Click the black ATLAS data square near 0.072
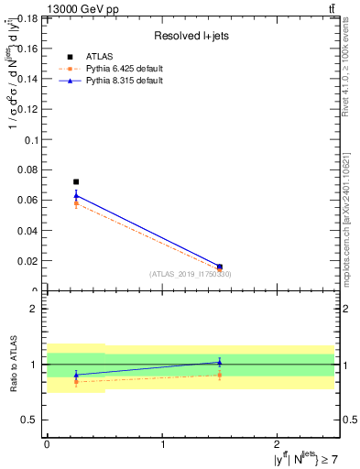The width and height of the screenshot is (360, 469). coord(76,182)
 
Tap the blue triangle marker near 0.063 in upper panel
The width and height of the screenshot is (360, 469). coord(76,195)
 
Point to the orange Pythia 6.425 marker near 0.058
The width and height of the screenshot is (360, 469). coord(76,202)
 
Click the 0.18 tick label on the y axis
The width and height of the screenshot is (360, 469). coord(27,19)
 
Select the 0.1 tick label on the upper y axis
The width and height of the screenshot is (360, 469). coord(31,140)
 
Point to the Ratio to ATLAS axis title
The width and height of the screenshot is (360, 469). coord(13,366)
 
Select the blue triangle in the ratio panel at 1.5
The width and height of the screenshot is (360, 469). coord(220,362)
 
